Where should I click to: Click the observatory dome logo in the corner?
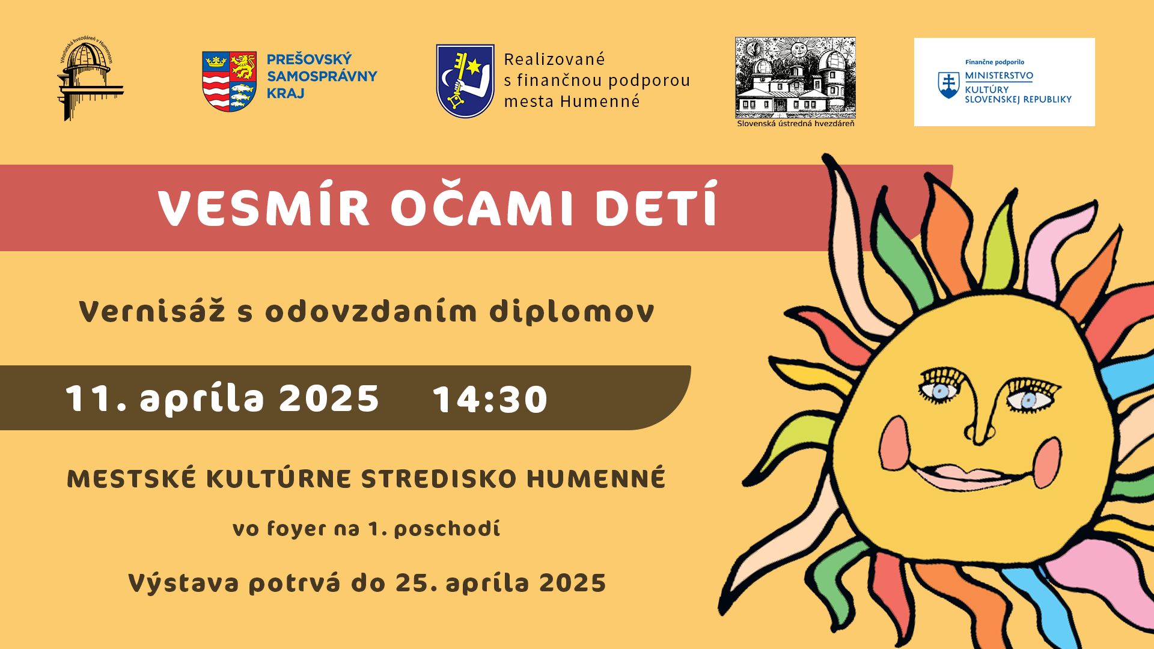point(91,79)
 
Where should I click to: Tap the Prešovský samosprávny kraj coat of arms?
point(230,81)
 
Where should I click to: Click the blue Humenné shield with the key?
point(465,81)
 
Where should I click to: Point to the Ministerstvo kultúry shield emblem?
point(948,85)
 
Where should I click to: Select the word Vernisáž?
point(152,311)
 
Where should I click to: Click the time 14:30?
point(490,399)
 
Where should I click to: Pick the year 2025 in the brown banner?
point(329,398)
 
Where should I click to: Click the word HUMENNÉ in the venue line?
point(596,478)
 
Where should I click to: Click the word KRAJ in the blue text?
point(285,93)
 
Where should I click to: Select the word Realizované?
point(554,59)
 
